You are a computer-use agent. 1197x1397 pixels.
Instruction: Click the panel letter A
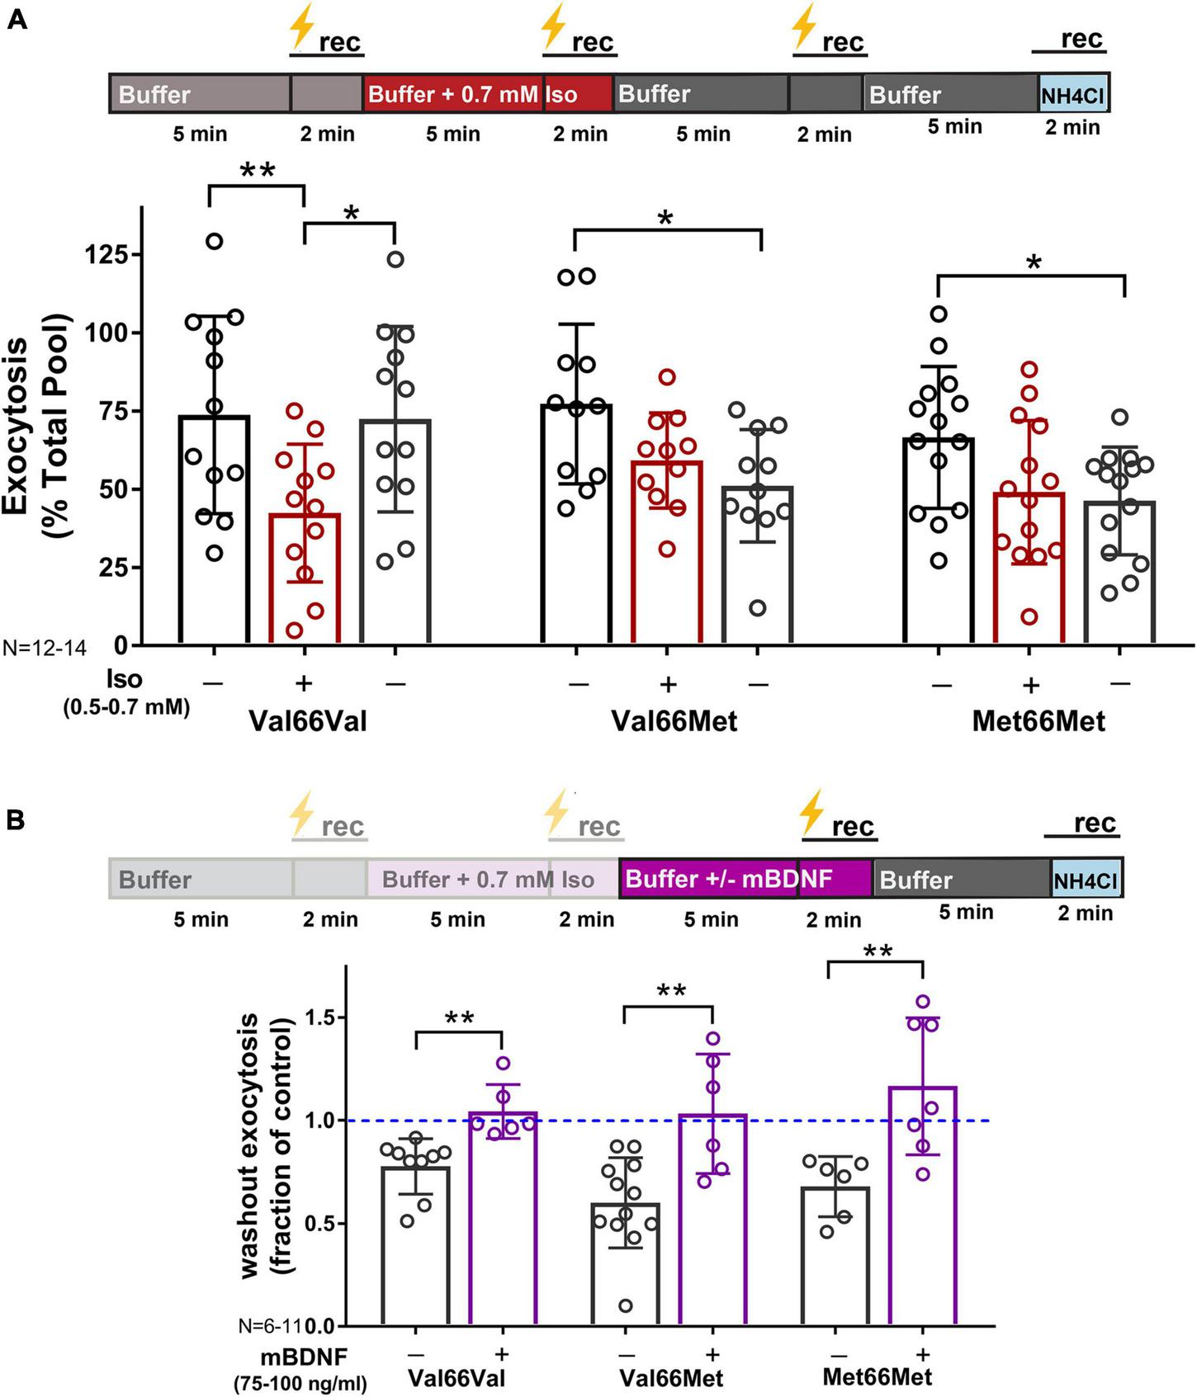tap(16, 18)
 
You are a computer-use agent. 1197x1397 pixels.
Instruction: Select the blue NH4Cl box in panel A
tap(1072, 95)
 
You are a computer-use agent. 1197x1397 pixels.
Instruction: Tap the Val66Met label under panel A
tap(674, 721)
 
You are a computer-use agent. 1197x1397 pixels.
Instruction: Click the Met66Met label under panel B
tap(878, 1376)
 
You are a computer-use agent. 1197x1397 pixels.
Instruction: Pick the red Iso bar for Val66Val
tap(305, 578)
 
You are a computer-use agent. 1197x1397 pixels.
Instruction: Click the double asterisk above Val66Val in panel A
tap(257, 172)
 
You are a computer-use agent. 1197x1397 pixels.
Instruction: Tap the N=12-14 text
tap(44, 648)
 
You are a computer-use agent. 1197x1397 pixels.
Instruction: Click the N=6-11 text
tap(271, 1326)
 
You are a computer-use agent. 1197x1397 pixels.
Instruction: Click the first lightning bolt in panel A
tap(300, 28)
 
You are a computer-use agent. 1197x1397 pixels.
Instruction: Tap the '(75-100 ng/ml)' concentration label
tap(300, 1384)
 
